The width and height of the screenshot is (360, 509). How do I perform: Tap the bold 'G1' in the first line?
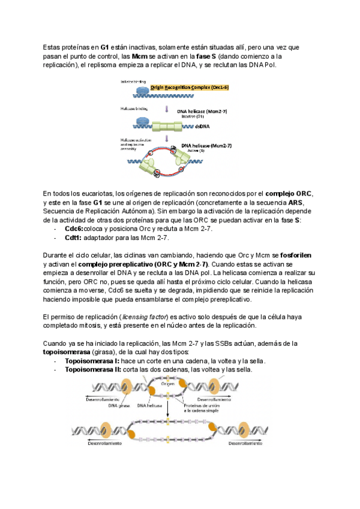(104, 46)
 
